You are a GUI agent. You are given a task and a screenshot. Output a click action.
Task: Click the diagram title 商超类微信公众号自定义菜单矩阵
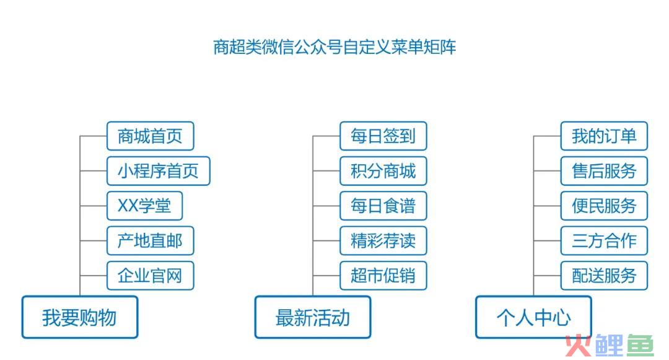[334, 47]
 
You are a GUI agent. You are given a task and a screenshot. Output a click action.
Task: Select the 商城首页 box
[150, 136]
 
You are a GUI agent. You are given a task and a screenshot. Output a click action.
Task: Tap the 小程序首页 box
[159, 171]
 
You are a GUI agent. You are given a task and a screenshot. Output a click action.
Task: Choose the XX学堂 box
[144, 206]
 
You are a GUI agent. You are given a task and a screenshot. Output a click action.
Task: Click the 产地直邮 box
[150, 241]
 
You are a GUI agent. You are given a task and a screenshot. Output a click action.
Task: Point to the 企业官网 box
[150, 276]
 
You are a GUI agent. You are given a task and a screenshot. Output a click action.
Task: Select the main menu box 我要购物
[80, 317]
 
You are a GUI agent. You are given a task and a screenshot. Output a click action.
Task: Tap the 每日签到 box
[383, 136]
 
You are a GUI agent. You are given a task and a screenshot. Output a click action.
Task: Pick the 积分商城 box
[383, 171]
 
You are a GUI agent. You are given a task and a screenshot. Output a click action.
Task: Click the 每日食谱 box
[383, 206]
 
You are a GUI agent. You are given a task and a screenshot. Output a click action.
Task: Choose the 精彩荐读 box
[383, 241]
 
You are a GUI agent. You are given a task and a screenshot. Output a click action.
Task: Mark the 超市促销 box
[383, 276]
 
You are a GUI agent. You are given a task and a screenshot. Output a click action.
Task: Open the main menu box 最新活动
[313, 317]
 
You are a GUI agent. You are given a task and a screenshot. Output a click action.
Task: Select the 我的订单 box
[604, 136]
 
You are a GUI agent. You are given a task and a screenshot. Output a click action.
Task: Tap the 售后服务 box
[604, 171]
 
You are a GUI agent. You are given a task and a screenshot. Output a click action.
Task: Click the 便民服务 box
[604, 206]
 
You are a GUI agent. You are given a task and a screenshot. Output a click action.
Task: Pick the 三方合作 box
[604, 241]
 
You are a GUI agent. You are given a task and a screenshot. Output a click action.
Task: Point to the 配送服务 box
[604, 276]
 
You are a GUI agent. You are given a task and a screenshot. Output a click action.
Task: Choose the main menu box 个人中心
[534, 317]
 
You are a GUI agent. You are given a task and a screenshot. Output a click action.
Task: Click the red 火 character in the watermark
[579, 346]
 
